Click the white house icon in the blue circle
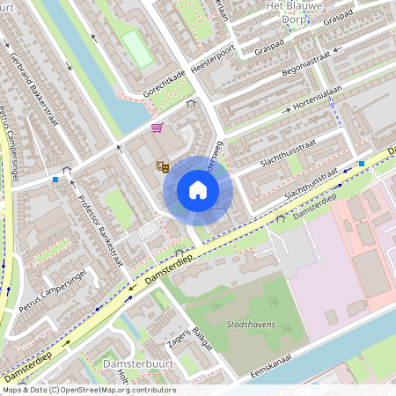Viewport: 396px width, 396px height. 198,189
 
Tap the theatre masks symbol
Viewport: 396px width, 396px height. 162,165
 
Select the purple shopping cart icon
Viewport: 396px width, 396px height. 157,128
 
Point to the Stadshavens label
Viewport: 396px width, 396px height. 251,325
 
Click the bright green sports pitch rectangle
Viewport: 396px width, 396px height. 137,48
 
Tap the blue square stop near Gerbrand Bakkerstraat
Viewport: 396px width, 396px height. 55,180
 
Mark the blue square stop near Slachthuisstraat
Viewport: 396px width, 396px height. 362,164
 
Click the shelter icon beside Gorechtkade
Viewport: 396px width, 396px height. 192,103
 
